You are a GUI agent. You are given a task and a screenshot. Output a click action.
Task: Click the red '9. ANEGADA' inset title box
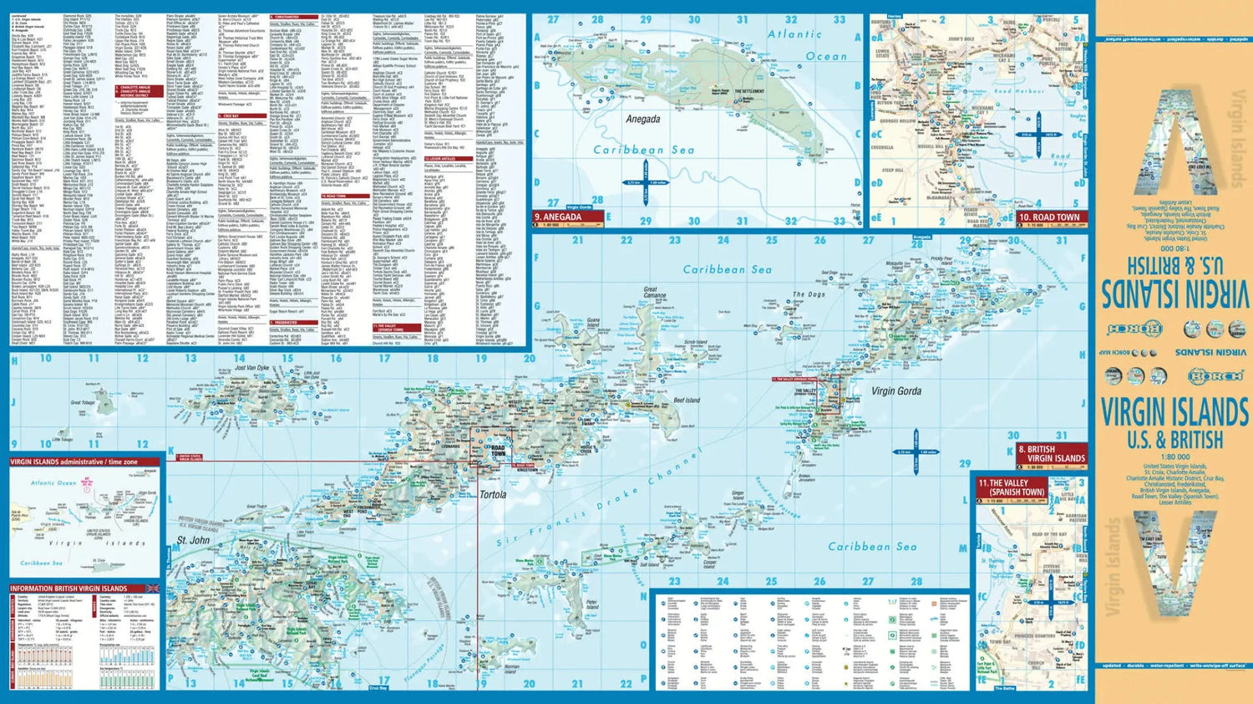(x=568, y=217)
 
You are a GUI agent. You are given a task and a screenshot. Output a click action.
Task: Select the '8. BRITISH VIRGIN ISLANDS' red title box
(x=1052, y=453)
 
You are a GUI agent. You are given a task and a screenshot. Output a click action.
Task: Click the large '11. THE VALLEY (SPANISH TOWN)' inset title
(x=1010, y=487)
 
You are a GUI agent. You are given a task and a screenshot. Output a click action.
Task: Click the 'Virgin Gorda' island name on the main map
(x=896, y=390)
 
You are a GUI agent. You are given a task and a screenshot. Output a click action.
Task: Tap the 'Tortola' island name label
(x=493, y=494)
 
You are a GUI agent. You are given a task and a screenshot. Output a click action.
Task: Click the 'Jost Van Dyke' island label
(x=251, y=368)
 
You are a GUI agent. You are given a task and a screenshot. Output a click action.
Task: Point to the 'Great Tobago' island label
(x=82, y=403)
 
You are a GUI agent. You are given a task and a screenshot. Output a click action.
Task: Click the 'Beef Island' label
(x=687, y=400)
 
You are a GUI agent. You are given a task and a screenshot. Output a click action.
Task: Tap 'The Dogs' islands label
(x=809, y=294)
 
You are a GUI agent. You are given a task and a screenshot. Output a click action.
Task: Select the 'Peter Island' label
(x=592, y=603)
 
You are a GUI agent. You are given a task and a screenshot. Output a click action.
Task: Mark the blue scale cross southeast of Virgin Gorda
(x=916, y=451)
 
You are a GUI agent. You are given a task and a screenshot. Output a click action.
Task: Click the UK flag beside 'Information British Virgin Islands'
(x=153, y=589)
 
